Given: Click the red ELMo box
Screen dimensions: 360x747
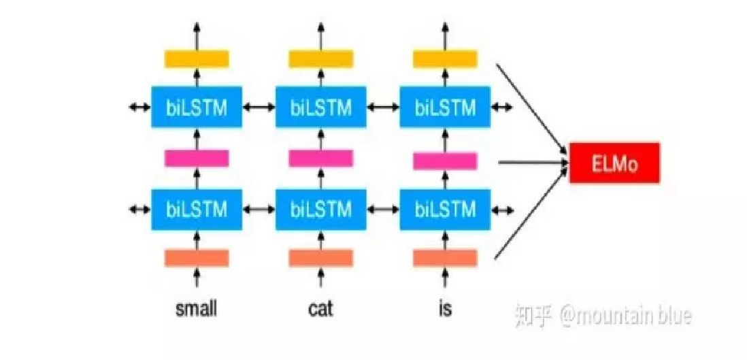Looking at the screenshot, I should (614, 163).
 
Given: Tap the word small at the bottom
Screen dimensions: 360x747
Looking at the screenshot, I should (196, 309).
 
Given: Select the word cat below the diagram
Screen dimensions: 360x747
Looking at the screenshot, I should (320, 309).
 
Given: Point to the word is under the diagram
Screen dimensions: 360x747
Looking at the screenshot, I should (445, 309).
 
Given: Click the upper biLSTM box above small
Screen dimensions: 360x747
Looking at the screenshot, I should (197, 107).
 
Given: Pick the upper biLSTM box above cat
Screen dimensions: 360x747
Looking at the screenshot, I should (321, 107).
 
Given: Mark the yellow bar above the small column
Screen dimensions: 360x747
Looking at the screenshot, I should (197, 59).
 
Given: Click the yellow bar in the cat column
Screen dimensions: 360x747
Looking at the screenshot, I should (321, 59).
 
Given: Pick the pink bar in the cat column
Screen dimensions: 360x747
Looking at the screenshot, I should (321, 159).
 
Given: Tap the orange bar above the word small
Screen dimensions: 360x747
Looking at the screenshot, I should (197, 259).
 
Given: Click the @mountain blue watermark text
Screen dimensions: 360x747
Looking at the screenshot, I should (626, 316).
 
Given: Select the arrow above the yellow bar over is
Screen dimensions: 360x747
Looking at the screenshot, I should (446, 34).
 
